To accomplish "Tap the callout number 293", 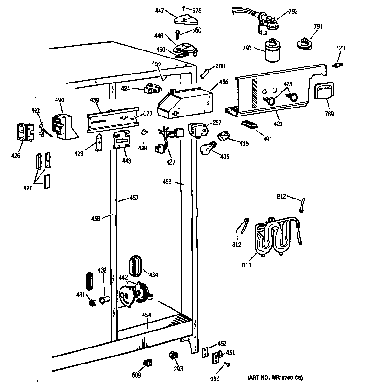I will (x=178, y=369).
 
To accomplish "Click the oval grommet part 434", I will (x=135, y=266).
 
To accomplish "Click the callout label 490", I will (x=59, y=100).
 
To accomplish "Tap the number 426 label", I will (x=16, y=155).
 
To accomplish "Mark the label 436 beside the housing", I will (x=224, y=83).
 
